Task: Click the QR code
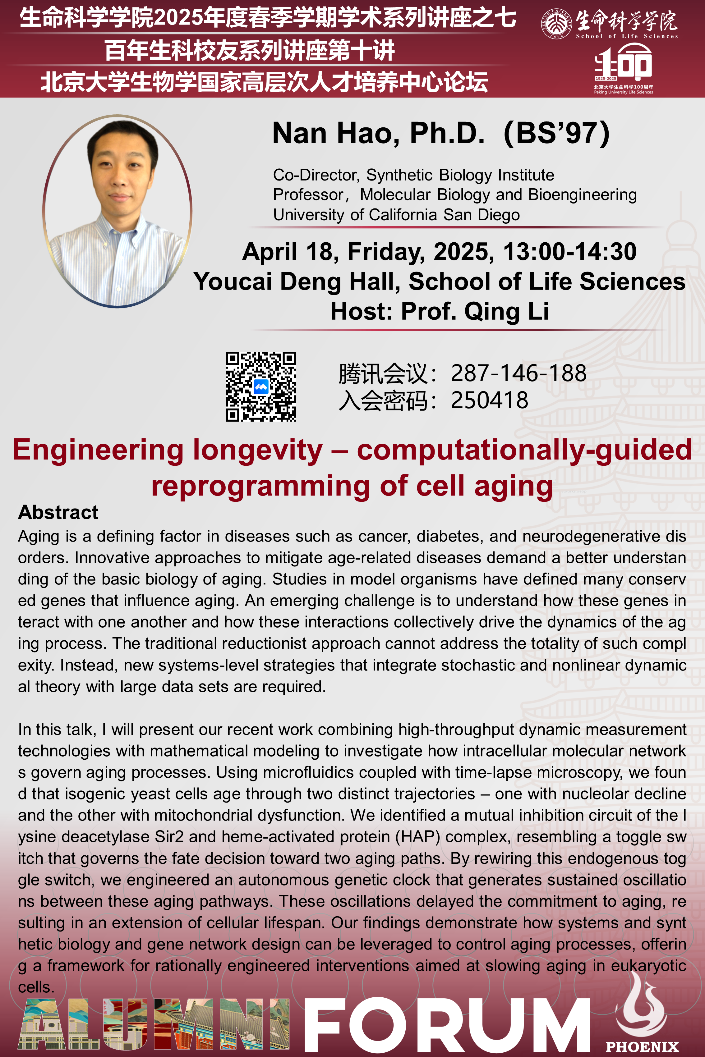point(261,387)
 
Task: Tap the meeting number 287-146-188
point(518,373)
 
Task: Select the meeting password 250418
point(490,400)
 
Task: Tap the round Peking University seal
point(556,23)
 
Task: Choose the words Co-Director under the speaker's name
point(316,175)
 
